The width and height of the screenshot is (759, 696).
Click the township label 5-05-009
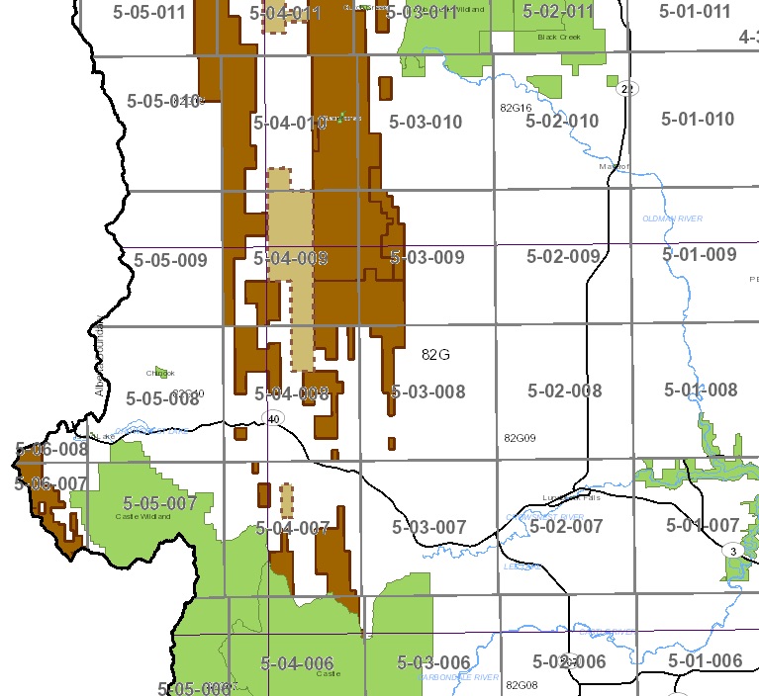point(170,261)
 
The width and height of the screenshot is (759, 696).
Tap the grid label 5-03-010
point(426,123)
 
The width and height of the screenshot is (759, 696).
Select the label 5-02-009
point(563,257)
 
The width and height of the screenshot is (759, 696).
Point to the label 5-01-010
point(698,120)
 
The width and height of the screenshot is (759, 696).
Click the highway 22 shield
point(625,89)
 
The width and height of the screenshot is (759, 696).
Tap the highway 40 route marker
point(274,418)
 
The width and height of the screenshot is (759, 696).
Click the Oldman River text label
point(672,218)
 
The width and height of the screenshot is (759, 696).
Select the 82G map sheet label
point(435,354)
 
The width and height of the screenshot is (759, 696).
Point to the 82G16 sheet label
point(517,107)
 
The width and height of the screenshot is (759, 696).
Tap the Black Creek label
point(556,37)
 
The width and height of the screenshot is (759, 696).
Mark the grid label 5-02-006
point(568,661)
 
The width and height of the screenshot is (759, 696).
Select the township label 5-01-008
point(701,390)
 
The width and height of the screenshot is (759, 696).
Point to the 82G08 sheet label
point(521,684)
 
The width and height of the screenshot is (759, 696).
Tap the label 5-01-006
point(705,660)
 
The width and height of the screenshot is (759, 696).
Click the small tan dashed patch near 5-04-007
point(287,501)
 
